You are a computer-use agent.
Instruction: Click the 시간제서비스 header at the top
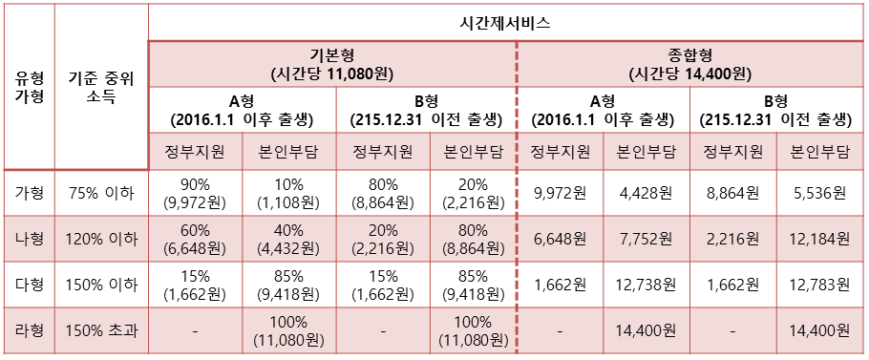point(507,21)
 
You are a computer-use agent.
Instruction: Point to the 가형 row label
point(29,193)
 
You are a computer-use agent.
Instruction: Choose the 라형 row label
point(29,331)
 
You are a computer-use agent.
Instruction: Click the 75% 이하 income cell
point(101,193)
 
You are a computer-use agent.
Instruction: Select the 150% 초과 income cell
point(101,331)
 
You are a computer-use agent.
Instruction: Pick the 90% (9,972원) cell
point(196,193)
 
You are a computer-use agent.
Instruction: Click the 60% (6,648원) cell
point(196,239)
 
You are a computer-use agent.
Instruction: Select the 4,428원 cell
point(646,193)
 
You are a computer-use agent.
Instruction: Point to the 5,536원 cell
point(820,193)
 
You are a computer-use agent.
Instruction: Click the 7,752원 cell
point(646,239)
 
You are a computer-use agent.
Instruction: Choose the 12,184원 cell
point(820,239)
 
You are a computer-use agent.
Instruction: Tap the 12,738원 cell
point(646,285)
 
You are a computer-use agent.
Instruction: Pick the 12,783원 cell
point(820,285)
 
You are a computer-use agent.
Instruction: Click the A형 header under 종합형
point(602,110)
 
